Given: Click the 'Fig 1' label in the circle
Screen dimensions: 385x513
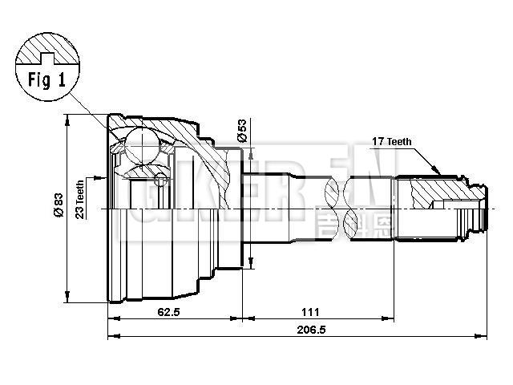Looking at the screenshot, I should [x=47, y=81].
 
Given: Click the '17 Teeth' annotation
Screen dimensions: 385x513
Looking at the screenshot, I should [x=391, y=142].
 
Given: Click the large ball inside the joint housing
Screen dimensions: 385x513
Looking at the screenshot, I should [x=143, y=146].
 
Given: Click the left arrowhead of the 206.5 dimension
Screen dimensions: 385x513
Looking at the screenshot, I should [x=111, y=337].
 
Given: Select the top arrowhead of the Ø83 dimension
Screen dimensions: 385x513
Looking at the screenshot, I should [x=68, y=119].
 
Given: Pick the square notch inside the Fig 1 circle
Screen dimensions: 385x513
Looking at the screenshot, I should [x=47, y=57].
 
